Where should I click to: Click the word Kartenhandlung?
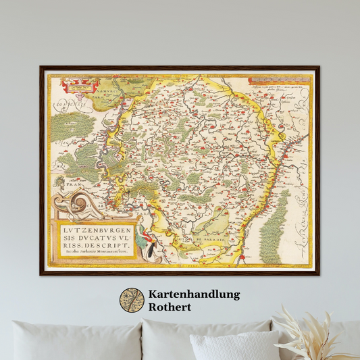193,294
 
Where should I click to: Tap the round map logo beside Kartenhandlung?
132,301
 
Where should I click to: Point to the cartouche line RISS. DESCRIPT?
89,245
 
